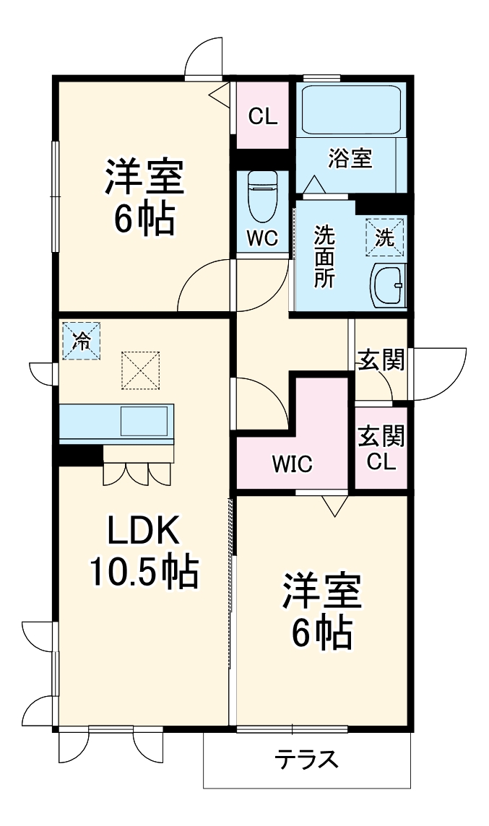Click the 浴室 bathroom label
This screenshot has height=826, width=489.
[350, 158]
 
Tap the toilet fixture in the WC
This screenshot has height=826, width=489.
[262, 196]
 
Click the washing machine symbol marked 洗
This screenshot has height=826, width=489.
[385, 237]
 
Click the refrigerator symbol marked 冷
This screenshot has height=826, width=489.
[82, 341]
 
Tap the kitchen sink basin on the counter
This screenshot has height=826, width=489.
[144, 421]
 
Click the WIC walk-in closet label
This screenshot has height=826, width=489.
[292, 464]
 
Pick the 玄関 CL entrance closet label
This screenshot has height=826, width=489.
[381, 448]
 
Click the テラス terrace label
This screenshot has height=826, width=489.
[306, 760]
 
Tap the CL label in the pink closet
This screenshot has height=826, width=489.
[263, 116]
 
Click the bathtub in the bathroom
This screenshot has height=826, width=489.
[351, 110]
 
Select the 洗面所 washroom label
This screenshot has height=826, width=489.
[324, 257]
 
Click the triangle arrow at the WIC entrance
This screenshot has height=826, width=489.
[333, 505]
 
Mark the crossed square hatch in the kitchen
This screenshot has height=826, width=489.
[139, 370]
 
